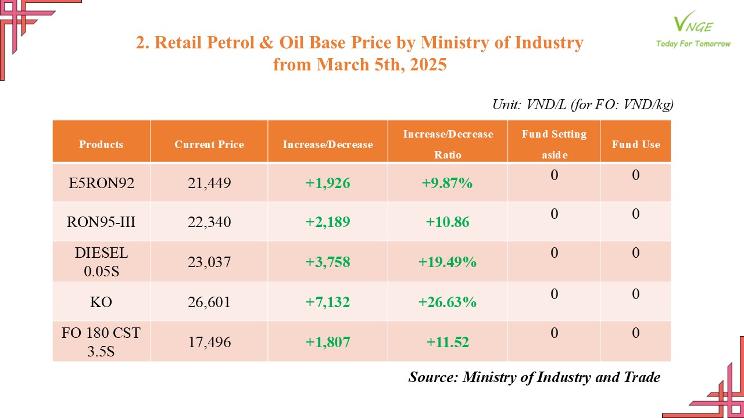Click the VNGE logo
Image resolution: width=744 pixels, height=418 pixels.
coord(693,23)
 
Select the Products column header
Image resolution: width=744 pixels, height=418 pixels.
coord(101,145)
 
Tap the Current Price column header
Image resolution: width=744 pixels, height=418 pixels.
coord(209,145)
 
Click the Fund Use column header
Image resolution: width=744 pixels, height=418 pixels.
coord(635,145)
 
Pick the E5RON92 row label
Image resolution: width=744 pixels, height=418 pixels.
coord(101,183)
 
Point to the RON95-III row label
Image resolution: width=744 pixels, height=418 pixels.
coord(101,222)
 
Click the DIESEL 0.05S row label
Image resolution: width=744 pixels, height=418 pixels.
coord(101,262)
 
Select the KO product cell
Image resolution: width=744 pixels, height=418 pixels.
coord(101,302)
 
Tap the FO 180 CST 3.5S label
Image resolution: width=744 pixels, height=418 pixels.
coord(101,342)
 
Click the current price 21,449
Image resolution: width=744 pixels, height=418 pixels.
coord(209,183)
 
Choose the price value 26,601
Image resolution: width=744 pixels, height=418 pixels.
coord(209,302)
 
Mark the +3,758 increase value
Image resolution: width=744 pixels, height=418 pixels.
coord(328,262)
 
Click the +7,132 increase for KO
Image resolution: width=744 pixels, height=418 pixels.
coord(328,302)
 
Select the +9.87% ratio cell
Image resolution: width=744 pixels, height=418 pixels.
coord(447,183)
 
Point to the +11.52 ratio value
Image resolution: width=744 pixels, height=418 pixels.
coord(447,342)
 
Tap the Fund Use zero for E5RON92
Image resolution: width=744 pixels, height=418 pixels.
coord(635,175)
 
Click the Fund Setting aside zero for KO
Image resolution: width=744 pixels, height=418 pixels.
coord(554,294)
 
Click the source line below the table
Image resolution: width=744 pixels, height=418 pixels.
coord(534,377)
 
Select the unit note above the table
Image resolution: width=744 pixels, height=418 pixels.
coord(582,105)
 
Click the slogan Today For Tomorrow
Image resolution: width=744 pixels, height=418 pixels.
coord(693,44)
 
